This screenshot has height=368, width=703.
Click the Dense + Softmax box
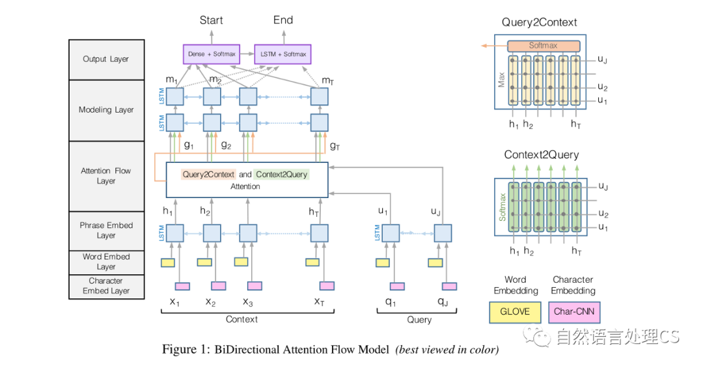click(212, 53)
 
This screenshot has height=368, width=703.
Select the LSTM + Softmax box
click(283, 53)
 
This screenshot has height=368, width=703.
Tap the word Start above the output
click(211, 20)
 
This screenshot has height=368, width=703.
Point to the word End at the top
click(283, 20)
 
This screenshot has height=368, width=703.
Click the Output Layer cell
click(106, 59)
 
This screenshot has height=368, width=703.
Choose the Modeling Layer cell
click(106, 110)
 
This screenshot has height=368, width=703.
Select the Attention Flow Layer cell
click(106, 176)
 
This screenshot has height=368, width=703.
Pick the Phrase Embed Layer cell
click(106, 230)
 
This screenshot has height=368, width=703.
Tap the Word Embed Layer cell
click(106, 262)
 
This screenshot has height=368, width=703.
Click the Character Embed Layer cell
click(106, 286)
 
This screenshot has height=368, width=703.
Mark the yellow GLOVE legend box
click(515, 311)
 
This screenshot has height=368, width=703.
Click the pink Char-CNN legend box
click(573, 311)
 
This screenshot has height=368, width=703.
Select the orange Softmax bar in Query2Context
click(543, 46)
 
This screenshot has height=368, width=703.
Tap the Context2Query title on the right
click(541, 155)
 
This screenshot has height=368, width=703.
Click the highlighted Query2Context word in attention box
click(209, 175)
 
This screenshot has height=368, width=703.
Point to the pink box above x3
click(255, 286)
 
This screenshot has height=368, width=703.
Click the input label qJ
click(443, 302)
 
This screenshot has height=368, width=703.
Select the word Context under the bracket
click(241, 319)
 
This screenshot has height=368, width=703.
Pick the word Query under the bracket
click(419, 320)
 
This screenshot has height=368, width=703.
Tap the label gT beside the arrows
click(335, 146)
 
